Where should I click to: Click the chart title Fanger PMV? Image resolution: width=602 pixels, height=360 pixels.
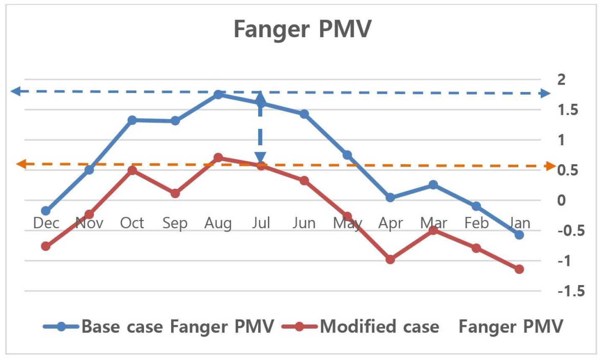click(x=302, y=29)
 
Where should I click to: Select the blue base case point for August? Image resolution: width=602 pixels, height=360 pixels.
click(x=218, y=94)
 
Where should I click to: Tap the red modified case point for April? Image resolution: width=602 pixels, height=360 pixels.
click(x=390, y=260)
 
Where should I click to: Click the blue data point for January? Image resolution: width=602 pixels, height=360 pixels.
click(x=519, y=235)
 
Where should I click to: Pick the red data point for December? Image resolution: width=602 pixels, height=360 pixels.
click(x=46, y=246)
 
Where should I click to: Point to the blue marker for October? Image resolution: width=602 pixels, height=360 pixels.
click(x=132, y=120)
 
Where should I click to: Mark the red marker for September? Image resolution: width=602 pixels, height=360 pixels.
click(x=175, y=193)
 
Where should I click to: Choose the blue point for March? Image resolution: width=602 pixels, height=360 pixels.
click(x=433, y=185)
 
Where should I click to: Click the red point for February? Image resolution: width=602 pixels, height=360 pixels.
click(x=476, y=248)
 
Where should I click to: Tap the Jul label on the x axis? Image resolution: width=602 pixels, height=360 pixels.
click(x=261, y=223)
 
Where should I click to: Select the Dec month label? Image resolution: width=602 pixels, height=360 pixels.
click(x=46, y=223)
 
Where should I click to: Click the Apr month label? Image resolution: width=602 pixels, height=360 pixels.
click(x=390, y=223)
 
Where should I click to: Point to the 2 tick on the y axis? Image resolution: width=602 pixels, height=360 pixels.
click(x=561, y=79)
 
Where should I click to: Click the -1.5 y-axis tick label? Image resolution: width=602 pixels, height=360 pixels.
click(x=571, y=291)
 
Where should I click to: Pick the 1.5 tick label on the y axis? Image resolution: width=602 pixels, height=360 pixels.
click(x=567, y=110)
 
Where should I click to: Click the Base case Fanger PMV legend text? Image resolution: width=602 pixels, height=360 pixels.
click(x=178, y=327)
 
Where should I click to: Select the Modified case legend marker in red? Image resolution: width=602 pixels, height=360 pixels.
click(x=299, y=327)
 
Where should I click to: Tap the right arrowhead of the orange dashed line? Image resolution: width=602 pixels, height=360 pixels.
click(x=550, y=166)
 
